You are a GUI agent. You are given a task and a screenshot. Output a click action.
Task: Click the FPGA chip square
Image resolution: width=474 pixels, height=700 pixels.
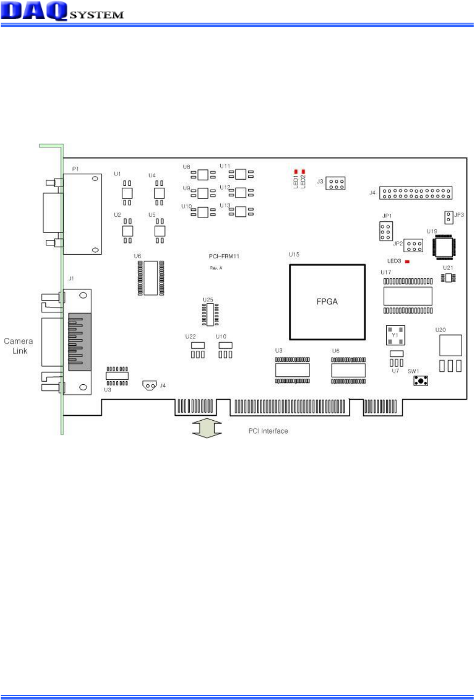(x=327, y=302)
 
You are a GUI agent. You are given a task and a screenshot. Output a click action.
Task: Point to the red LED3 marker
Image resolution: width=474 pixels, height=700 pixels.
(x=407, y=262)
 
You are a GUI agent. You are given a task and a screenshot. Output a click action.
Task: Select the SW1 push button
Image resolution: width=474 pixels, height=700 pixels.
(x=420, y=381)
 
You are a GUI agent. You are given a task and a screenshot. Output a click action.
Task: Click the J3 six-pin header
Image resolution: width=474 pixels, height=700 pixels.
(x=336, y=184)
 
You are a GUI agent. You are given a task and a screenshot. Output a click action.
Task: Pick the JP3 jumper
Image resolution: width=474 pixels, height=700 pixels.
(x=448, y=217)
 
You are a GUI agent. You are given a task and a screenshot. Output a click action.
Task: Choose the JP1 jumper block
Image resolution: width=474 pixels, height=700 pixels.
(x=385, y=231)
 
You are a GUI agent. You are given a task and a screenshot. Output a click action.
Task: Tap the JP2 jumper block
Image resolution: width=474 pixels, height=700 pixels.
(x=413, y=245)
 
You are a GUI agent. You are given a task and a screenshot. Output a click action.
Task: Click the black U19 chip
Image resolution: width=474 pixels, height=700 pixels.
(x=444, y=246)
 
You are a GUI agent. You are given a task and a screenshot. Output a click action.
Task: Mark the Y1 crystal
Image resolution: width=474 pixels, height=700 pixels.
(x=395, y=335)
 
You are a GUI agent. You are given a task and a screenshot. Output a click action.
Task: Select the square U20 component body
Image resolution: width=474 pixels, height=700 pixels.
(x=450, y=345)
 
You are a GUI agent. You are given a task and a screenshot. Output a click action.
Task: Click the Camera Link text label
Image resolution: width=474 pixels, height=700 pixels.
(x=19, y=346)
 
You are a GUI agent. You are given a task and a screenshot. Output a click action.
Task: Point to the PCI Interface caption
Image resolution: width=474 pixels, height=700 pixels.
(x=268, y=431)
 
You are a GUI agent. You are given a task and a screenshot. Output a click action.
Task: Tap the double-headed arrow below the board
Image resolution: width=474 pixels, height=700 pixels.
(x=207, y=428)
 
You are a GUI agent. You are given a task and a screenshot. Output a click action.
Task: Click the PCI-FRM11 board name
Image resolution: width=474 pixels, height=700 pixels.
(x=224, y=256)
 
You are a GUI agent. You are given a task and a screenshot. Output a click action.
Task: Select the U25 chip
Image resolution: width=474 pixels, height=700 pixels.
(x=210, y=314)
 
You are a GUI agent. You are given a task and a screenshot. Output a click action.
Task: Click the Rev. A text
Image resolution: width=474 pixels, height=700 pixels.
(x=216, y=268)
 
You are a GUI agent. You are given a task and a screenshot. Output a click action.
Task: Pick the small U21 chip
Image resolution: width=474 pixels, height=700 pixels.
(x=448, y=278)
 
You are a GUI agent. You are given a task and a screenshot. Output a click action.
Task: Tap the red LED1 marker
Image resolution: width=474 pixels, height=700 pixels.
(x=296, y=171)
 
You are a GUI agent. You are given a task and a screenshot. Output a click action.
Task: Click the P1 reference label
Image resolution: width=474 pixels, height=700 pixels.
(x=75, y=169)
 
